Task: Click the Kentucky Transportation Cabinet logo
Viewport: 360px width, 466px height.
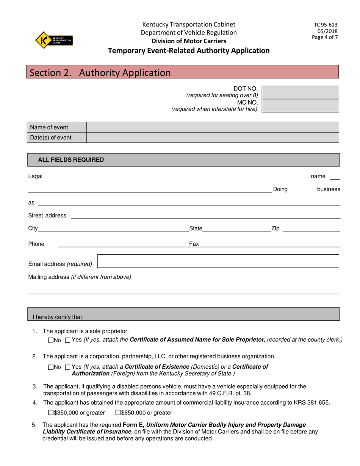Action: pyautogui.click(x=54, y=40)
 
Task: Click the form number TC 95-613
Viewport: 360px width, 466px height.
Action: pyautogui.click(x=326, y=25)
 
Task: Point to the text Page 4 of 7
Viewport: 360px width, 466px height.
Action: pyautogui.click(x=325, y=37)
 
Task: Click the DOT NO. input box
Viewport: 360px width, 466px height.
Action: pyautogui.click(x=300, y=92)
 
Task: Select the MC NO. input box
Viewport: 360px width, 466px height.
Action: pyautogui.click(x=300, y=106)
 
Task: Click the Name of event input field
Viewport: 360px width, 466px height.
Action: pyautogui.click(x=212, y=127)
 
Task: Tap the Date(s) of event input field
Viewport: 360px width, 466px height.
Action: pyautogui.click(x=212, y=138)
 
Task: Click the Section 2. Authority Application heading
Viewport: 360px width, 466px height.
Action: pyautogui.click(x=100, y=72)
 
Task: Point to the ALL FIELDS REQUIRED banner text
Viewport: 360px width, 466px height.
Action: pyautogui.click(x=71, y=160)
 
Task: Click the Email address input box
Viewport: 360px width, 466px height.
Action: pyautogui.click(x=218, y=261)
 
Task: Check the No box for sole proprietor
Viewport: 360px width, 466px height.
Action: pyautogui.click(x=51, y=341)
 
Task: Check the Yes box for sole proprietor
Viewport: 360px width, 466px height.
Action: pyautogui.click(x=68, y=341)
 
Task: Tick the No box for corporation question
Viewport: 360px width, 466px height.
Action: pyautogui.click(x=51, y=367)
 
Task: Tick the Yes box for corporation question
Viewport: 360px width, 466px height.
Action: pyautogui.click(x=68, y=367)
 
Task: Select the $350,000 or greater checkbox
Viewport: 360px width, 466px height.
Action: pyautogui.click(x=51, y=413)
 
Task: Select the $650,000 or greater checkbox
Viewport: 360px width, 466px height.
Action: pyautogui.click(x=118, y=413)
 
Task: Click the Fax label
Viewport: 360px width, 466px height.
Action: pyautogui.click(x=194, y=244)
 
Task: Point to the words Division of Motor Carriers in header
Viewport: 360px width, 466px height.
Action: pyautogui.click(x=189, y=41)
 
